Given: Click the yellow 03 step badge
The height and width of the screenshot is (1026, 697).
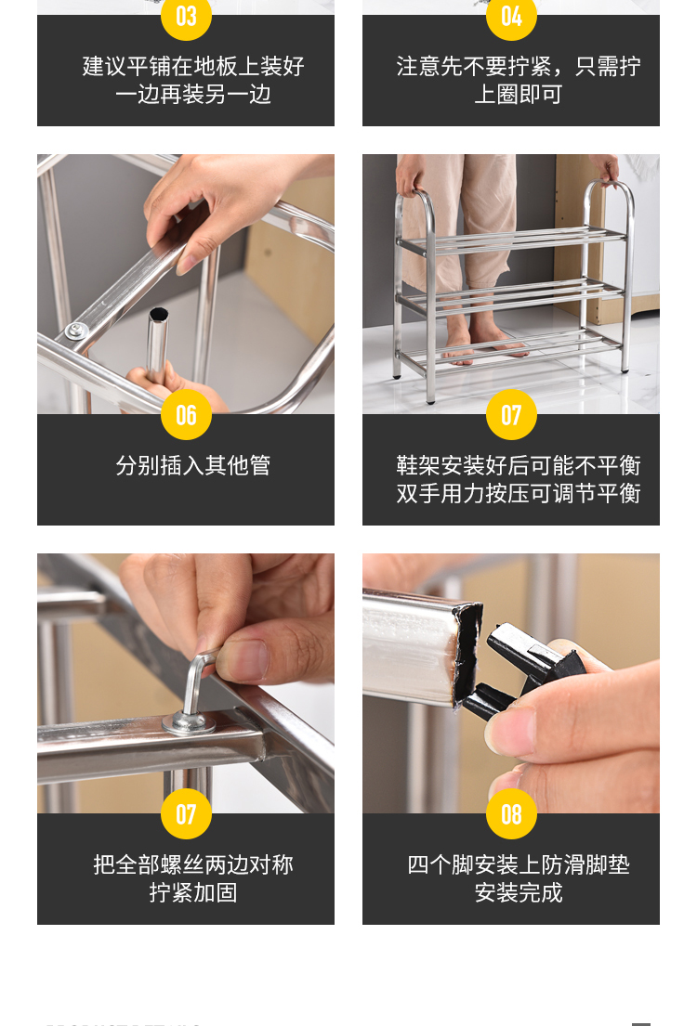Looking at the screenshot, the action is (186, 17).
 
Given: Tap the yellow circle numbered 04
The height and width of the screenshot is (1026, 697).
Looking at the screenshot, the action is (511, 17).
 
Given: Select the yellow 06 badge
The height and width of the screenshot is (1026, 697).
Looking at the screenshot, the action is (186, 414).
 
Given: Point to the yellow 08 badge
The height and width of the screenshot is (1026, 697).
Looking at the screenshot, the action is (511, 813).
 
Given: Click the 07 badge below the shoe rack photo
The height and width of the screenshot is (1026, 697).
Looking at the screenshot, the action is (511, 414).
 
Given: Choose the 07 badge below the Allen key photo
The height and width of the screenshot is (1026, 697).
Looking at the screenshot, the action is (186, 813).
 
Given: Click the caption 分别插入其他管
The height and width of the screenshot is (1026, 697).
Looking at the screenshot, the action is (193, 465).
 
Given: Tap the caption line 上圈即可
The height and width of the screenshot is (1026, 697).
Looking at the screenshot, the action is (519, 94).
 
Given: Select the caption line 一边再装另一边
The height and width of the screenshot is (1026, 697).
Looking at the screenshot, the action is (193, 94).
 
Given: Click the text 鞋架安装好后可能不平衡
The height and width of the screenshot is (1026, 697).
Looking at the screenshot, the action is (519, 465).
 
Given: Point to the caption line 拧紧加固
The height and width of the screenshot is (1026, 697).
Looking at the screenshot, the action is (193, 892).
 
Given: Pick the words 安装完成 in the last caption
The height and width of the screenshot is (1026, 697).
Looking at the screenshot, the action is (519, 892).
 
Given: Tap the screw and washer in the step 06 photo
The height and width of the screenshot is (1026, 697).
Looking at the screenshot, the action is (76, 331).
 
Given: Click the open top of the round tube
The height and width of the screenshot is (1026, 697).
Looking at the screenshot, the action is (159, 315).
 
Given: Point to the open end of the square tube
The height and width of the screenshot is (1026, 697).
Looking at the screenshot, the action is (467, 655).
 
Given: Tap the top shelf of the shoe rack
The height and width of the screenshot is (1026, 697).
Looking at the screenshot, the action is (512, 240).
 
